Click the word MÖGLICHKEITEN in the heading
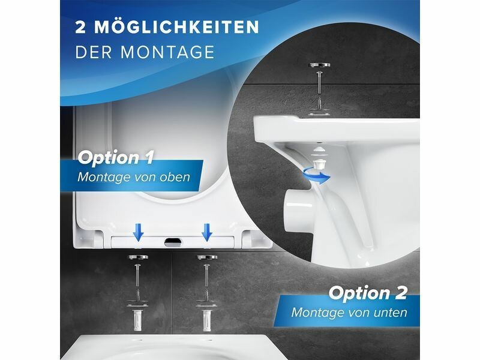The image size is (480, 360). pyautogui.click(x=176, y=27)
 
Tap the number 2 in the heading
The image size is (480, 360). pyautogui.click(x=80, y=28)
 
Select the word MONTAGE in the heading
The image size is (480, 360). pyautogui.click(x=167, y=52)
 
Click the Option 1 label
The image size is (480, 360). pyautogui.click(x=115, y=158)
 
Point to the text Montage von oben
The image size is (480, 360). pyautogui.click(x=133, y=177)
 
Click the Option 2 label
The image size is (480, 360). pyautogui.click(x=368, y=293)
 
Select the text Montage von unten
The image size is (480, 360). pyautogui.click(x=349, y=312)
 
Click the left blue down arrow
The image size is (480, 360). pyautogui.click(x=139, y=232)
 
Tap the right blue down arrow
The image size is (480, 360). pyautogui.click(x=207, y=232)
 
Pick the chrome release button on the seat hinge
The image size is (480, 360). pyautogui.click(x=173, y=242)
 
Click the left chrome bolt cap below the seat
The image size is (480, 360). pyautogui.click(x=138, y=257)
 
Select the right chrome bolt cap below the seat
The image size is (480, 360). pyautogui.click(x=207, y=257)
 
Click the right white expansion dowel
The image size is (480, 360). pyautogui.click(x=206, y=320)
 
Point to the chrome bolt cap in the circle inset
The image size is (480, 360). pyautogui.click(x=320, y=65)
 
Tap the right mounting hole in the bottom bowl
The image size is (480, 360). pyautogui.click(x=209, y=340)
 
